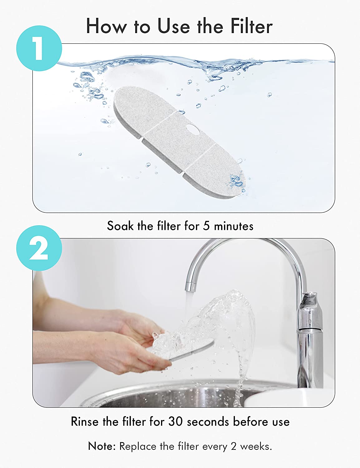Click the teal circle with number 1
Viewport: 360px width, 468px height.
(39, 48)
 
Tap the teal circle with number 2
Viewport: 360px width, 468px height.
(39, 248)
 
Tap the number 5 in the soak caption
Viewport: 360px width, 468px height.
(206, 226)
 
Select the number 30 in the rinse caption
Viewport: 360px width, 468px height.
(176, 422)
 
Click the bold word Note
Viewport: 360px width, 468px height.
(102, 446)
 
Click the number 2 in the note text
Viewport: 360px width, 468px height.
(234, 446)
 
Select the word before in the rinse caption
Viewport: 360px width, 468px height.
(247, 422)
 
